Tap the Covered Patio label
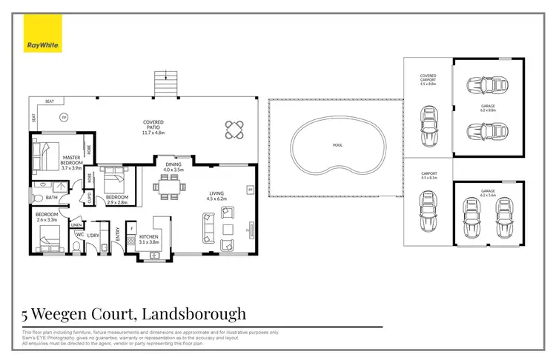point(153,125)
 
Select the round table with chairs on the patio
point(234,130)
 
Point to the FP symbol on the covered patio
point(64,118)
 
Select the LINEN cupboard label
point(76,225)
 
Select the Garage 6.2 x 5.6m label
point(487,193)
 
